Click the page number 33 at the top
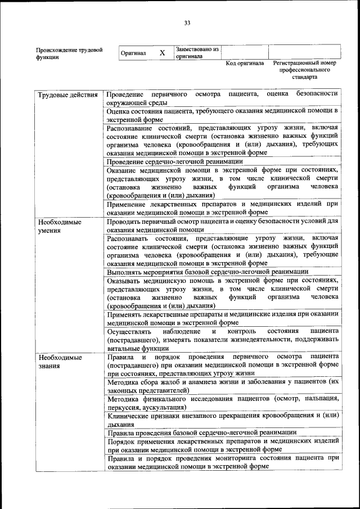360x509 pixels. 187,22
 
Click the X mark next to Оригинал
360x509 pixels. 162,53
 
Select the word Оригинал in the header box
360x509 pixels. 133,53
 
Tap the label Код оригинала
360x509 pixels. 245,64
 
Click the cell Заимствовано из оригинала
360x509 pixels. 196,53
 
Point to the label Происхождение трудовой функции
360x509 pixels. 69,53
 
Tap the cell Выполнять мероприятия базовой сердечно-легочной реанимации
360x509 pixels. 208,272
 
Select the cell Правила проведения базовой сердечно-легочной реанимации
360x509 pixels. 201,432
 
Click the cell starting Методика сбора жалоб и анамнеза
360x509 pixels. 223,385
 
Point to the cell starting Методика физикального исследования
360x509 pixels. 223,403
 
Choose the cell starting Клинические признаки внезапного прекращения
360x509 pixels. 223,420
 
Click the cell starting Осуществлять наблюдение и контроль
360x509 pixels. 223,340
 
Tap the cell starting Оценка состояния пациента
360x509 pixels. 223,115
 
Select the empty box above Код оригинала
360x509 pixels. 245,52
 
